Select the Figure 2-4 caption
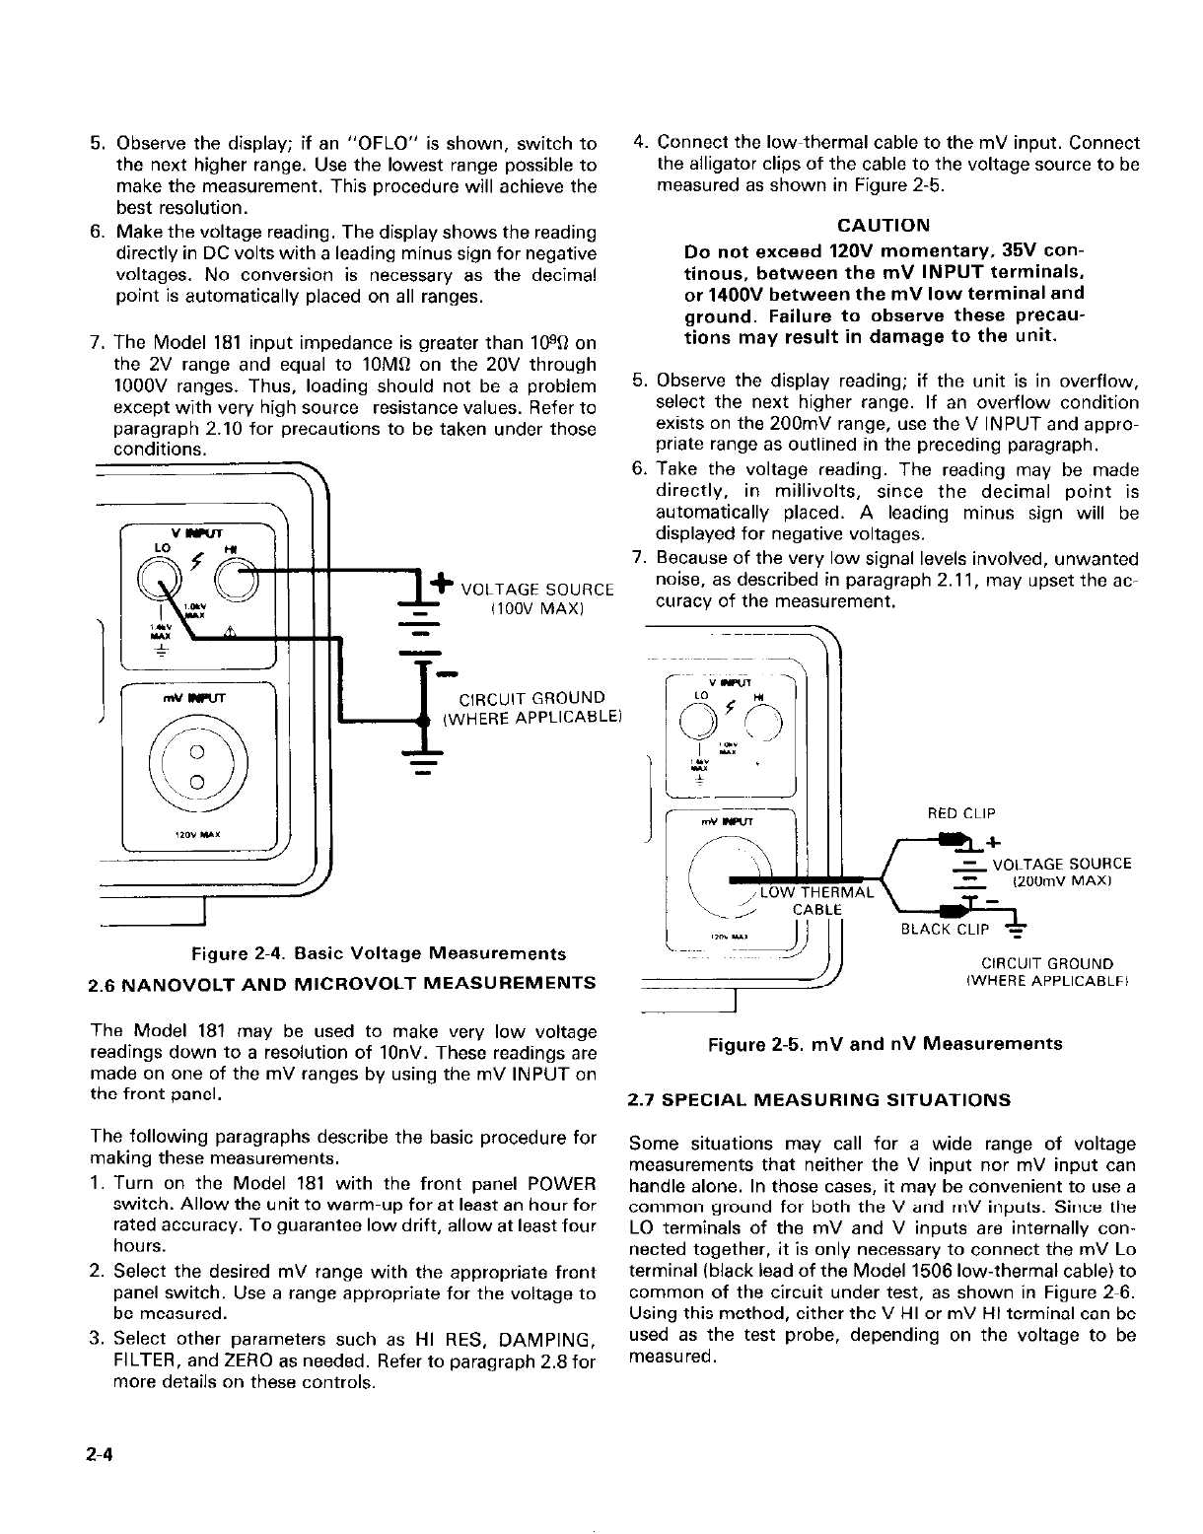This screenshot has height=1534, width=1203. pos(379,953)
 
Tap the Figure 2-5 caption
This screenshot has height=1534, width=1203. pos(885,1043)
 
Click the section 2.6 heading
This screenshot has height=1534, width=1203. pos(342,983)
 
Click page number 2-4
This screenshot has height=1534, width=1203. pos(102,1455)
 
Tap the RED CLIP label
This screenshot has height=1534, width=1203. pos(961,813)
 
